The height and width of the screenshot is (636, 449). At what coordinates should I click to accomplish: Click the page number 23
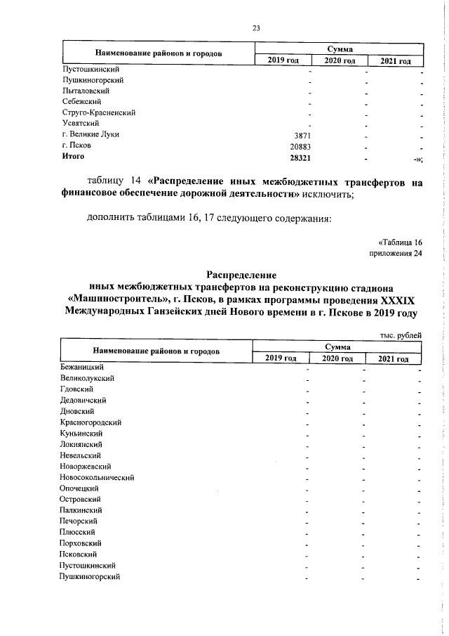[x=256, y=27]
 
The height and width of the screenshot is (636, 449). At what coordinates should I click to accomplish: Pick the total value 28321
[x=298, y=157]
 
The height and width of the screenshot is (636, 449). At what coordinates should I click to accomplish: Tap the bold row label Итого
[x=73, y=157]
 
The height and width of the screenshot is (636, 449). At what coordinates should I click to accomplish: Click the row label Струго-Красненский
[x=98, y=112]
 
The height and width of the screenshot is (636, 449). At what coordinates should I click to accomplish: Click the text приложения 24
[x=396, y=253]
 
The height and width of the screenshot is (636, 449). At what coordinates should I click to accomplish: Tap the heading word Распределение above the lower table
[x=242, y=275]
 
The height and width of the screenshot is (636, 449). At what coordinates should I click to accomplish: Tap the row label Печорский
[x=79, y=521]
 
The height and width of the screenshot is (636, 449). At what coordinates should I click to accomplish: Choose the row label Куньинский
[x=83, y=433]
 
